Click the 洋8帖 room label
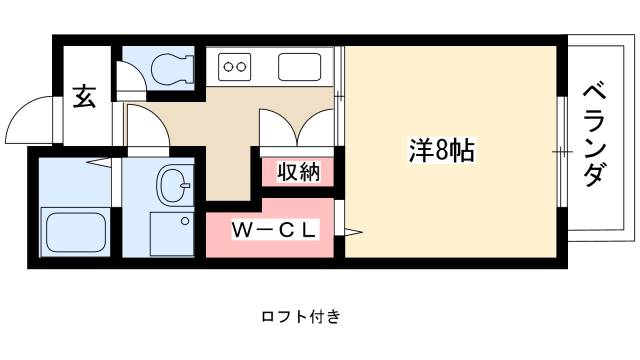pos(441,152)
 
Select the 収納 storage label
pos(299,172)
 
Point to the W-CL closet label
pos(275,230)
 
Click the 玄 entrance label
pos(84,99)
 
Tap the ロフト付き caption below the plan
pos(301,317)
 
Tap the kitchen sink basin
pos(300,68)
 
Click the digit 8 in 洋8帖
pos(441,152)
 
